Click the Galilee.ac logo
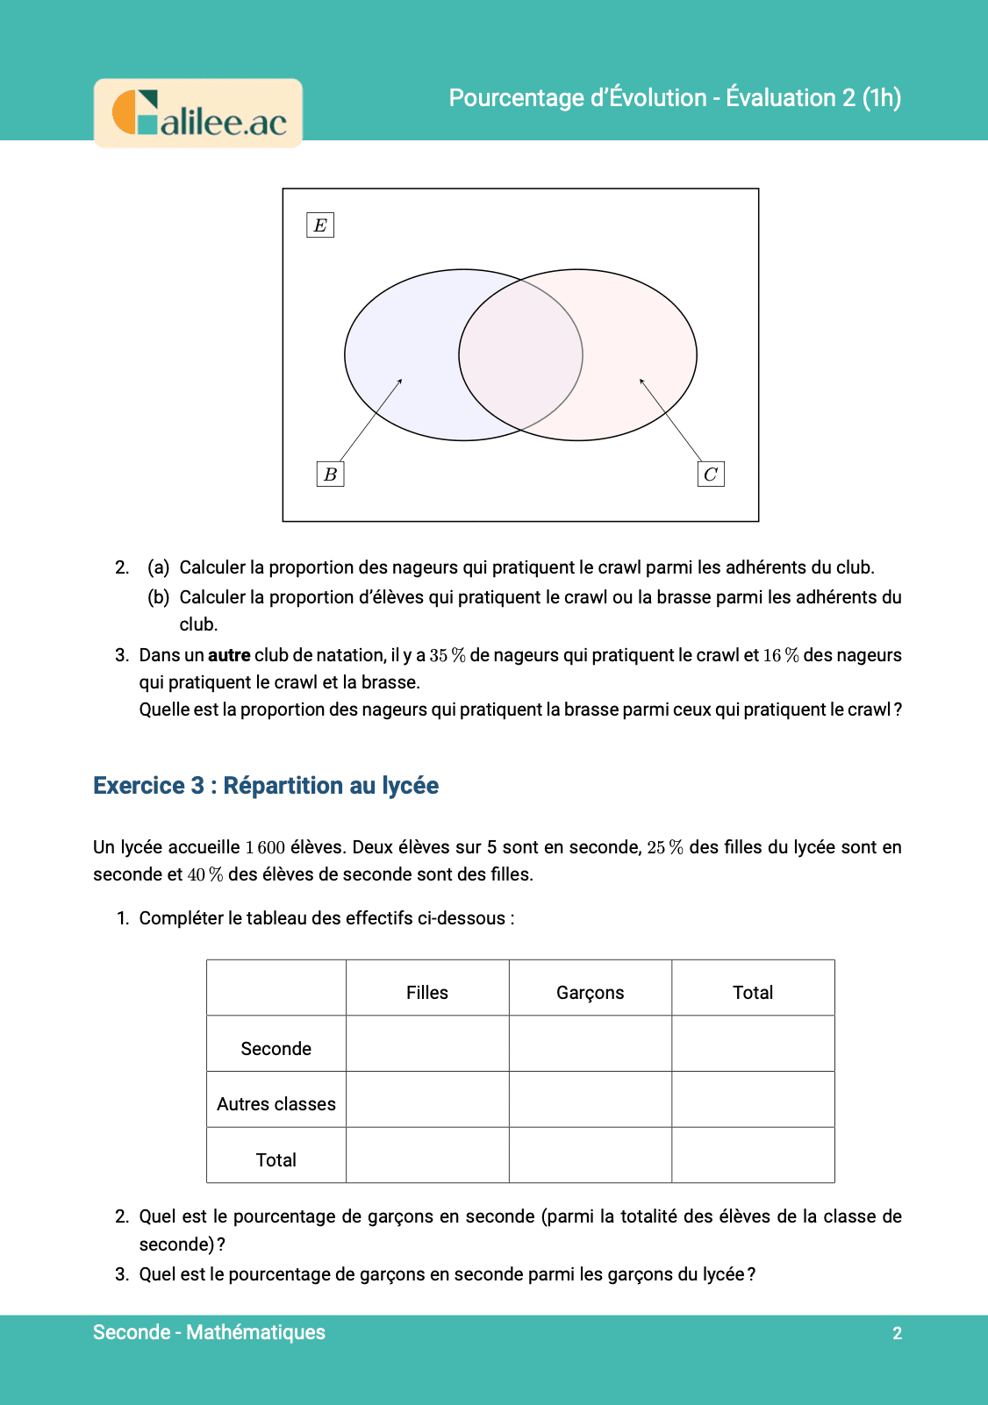(x=198, y=113)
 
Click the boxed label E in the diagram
(x=320, y=225)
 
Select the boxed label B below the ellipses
(x=330, y=474)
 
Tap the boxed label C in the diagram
(x=711, y=474)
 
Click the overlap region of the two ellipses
(x=520, y=355)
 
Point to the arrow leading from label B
(x=370, y=420)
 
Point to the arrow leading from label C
(x=671, y=420)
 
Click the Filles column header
(x=427, y=992)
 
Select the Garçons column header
(x=590, y=992)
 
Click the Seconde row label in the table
(x=276, y=1048)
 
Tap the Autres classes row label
(x=276, y=1103)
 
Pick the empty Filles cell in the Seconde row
(x=427, y=1044)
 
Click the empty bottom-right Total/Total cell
(x=753, y=1155)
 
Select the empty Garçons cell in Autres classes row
(x=590, y=1099)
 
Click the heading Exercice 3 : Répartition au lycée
(x=266, y=785)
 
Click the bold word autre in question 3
(x=229, y=655)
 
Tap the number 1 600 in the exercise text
(x=265, y=847)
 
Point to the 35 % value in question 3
(x=447, y=655)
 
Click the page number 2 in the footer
(x=897, y=1333)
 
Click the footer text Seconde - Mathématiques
(x=209, y=1332)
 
